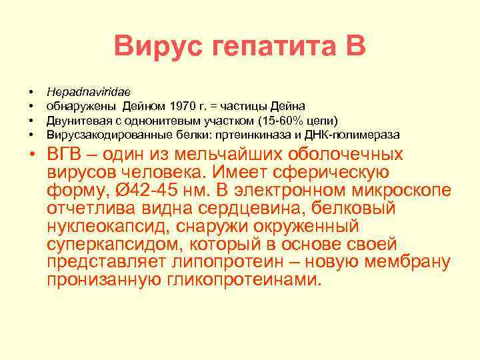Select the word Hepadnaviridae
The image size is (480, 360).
coord(89,91)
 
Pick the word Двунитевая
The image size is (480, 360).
coord(75,120)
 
